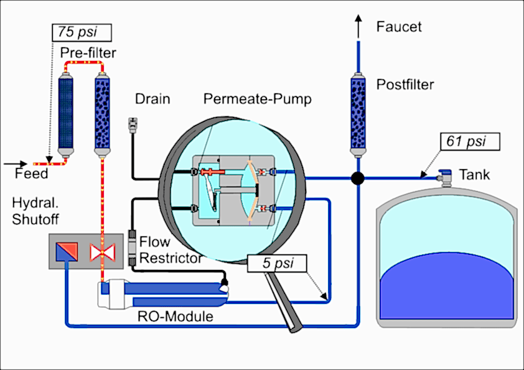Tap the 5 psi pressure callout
(x=277, y=263)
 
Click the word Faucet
(x=399, y=27)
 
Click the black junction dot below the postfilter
(x=358, y=178)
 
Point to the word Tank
(x=475, y=175)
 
